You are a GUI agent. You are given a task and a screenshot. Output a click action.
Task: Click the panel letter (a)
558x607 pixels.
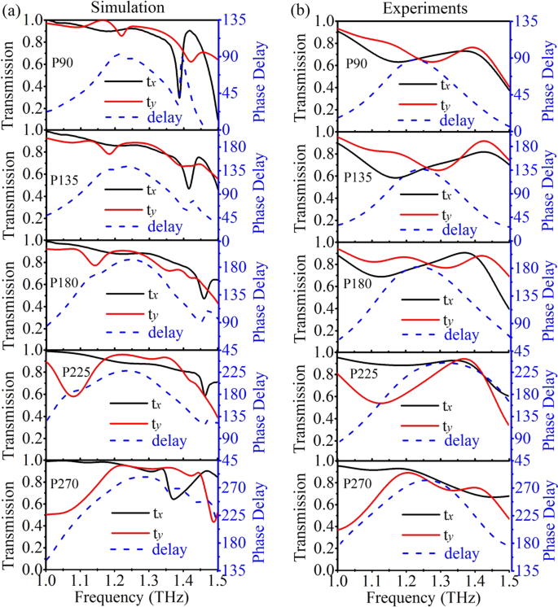click(11, 9)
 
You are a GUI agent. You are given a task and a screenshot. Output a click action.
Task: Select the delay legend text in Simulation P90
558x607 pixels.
click(166, 119)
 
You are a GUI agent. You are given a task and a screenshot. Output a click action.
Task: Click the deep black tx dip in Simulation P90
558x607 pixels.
click(179, 96)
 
